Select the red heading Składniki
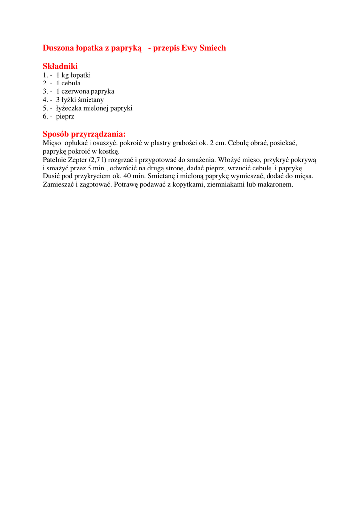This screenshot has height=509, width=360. tap(60, 66)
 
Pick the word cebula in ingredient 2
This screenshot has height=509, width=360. tap(71, 83)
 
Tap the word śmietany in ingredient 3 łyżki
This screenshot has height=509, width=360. tap(91, 100)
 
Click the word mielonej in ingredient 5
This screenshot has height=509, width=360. tap(92, 108)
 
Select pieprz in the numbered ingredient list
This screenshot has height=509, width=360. tap(65, 117)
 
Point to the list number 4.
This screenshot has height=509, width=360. tap(45, 100)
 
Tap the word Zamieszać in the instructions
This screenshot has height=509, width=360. tap(59, 184)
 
